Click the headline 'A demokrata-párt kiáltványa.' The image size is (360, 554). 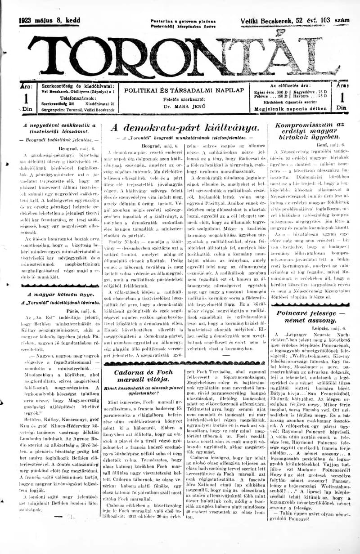[184, 127]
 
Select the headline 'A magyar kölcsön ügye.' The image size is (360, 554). [60, 294]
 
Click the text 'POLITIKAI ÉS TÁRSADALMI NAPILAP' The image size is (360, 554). [184, 90]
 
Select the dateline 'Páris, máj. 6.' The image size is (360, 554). [81, 311]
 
